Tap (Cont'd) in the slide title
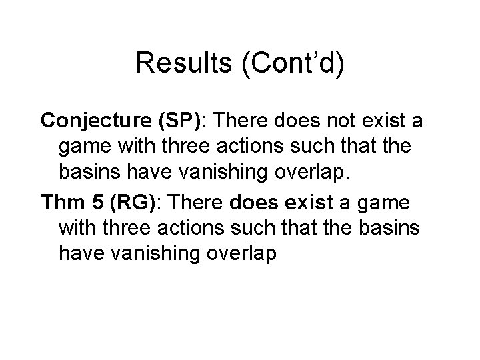coord(291,63)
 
